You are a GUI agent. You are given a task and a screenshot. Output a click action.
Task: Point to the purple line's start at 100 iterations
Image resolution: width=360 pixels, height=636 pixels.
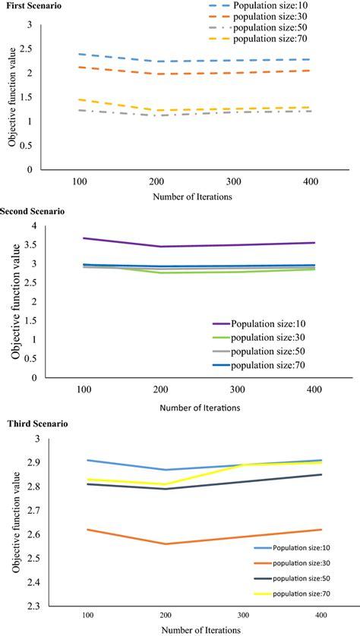tap(84, 238)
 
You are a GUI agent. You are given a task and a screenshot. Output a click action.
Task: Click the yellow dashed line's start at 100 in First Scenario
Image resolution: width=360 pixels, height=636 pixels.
tap(80, 99)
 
